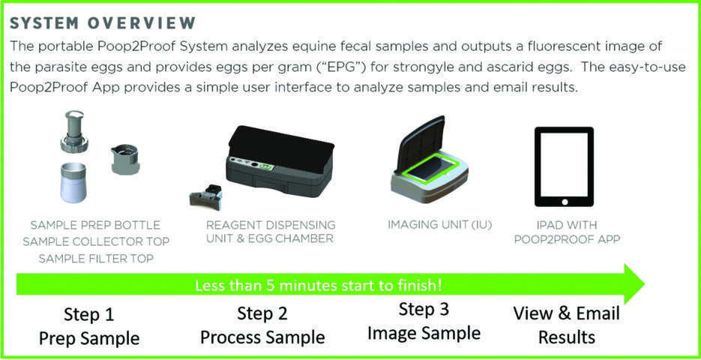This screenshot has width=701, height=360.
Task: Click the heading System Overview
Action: (x=103, y=23)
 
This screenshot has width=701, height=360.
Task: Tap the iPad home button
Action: (x=565, y=202)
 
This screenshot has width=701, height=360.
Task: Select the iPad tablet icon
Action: (x=565, y=166)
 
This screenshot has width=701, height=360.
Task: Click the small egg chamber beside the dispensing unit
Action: (x=206, y=196)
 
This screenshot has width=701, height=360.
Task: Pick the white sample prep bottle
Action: (x=73, y=182)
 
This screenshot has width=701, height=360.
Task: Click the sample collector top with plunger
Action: (x=74, y=132)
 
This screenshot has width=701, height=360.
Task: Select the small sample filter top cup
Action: (x=124, y=159)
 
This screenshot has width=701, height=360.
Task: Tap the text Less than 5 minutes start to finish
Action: (x=319, y=285)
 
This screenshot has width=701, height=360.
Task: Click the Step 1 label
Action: (x=88, y=315)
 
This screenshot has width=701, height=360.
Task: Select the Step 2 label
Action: (x=262, y=314)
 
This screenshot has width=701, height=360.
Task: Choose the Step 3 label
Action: (x=424, y=310)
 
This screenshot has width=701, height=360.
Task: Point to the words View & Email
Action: (x=567, y=313)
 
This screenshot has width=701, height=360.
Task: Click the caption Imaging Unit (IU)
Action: (x=440, y=225)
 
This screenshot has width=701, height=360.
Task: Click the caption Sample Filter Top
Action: (x=96, y=259)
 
